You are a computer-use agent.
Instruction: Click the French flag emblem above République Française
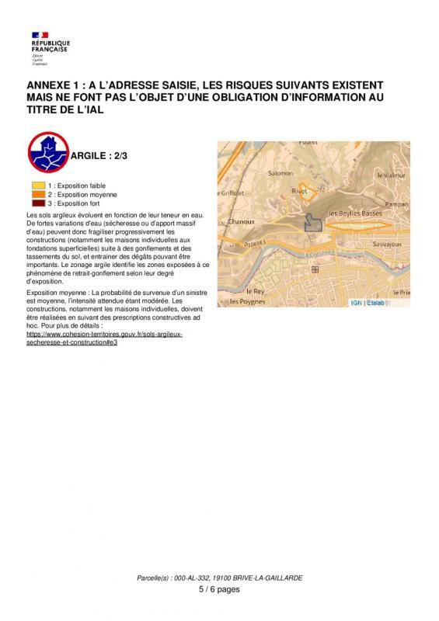(x=40, y=34)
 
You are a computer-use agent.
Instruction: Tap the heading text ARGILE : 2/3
(x=99, y=155)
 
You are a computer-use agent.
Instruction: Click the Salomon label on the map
(x=280, y=174)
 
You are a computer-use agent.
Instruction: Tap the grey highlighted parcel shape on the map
(x=312, y=222)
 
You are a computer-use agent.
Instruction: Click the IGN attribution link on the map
(x=377, y=303)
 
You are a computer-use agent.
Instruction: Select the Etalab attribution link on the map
(x=398, y=303)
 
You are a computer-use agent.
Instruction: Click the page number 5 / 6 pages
(x=219, y=589)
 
